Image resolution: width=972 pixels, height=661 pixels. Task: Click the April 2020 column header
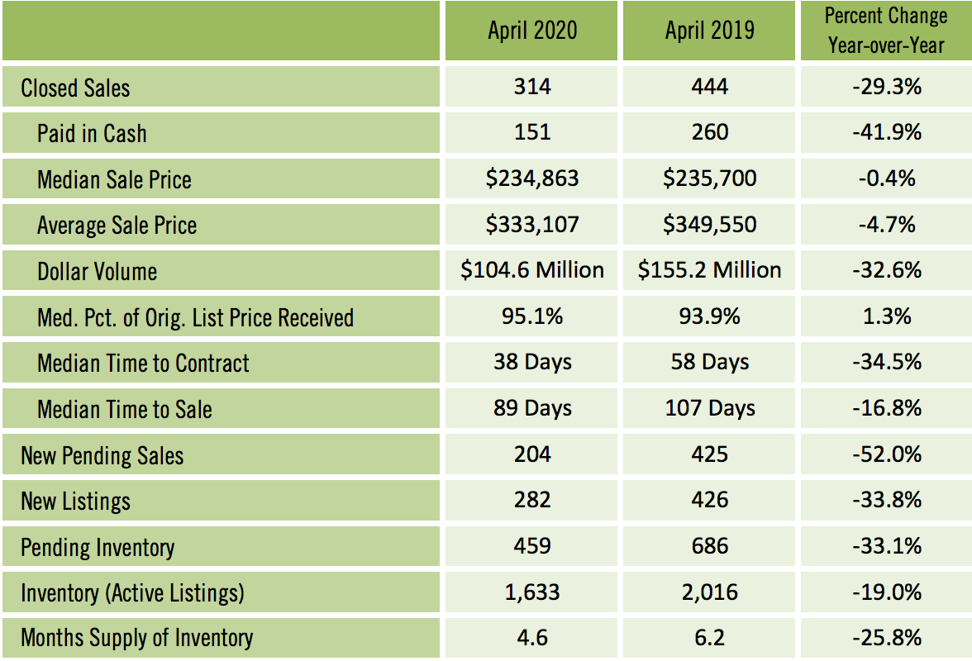pyautogui.click(x=532, y=31)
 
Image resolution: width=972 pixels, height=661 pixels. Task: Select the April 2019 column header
pyautogui.click(x=710, y=31)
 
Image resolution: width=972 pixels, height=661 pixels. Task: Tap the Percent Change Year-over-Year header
pyautogui.click(x=886, y=31)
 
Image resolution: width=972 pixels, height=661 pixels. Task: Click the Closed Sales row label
pyautogui.click(x=75, y=88)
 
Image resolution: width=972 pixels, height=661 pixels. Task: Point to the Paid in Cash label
pyautogui.click(x=92, y=133)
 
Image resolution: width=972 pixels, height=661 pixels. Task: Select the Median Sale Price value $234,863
pyautogui.click(x=532, y=178)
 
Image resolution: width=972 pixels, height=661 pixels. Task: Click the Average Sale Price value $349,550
pyautogui.click(x=710, y=225)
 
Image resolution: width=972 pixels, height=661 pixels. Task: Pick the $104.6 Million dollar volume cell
pyautogui.click(x=532, y=270)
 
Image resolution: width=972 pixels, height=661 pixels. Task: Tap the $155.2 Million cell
pyautogui.click(x=710, y=270)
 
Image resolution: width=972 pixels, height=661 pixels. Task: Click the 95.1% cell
pyautogui.click(x=532, y=316)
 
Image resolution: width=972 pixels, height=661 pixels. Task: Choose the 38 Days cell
pyautogui.click(x=532, y=362)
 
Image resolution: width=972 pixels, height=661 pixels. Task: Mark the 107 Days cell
pyautogui.click(x=710, y=408)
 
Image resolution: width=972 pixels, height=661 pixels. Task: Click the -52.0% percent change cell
pyautogui.click(x=886, y=454)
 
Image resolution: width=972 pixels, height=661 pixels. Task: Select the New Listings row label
pyautogui.click(x=75, y=501)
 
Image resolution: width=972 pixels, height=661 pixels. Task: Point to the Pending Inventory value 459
pyautogui.click(x=532, y=546)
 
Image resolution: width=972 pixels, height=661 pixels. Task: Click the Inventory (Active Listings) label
pyautogui.click(x=132, y=592)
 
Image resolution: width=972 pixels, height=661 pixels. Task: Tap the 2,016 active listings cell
pyautogui.click(x=710, y=592)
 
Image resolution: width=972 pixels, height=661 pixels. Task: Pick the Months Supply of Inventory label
pyautogui.click(x=136, y=638)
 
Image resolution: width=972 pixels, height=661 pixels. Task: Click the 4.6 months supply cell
pyautogui.click(x=532, y=638)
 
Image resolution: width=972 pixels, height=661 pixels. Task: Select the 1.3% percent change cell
pyautogui.click(x=886, y=316)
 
